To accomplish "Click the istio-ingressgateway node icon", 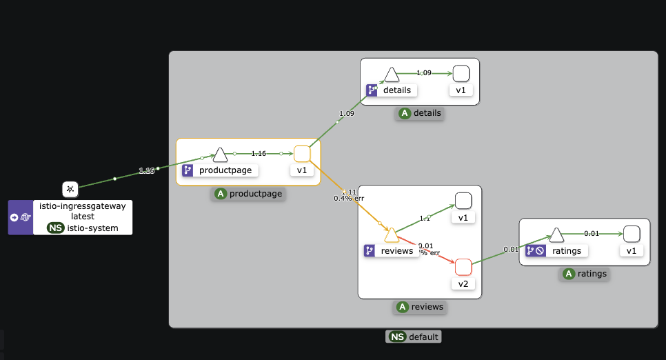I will [70, 188].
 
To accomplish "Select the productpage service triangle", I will [220, 154].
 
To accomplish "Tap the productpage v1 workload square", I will [302, 153].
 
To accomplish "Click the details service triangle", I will [391, 74].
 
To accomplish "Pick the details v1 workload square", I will [461, 73].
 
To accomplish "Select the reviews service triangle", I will [391, 235].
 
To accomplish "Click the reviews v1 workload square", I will [463, 201].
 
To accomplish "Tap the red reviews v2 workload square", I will [463, 267].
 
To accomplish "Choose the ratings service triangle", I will [557, 236].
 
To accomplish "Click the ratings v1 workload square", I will [632, 234].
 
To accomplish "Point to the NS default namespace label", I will [413, 337].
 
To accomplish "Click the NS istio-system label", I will [82, 228].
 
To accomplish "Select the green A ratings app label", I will [585, 274].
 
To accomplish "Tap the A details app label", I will [419, 113].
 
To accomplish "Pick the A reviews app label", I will [419, 307].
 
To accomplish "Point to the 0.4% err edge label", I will [349, 199].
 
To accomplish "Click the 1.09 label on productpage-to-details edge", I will [347, 114].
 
